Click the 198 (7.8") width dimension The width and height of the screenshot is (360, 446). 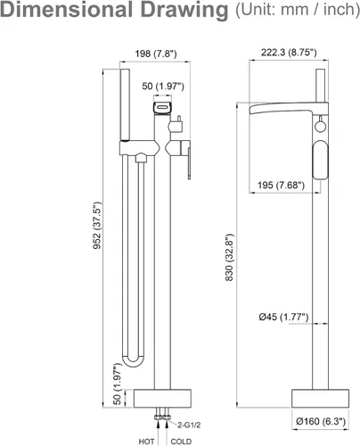(156, 54)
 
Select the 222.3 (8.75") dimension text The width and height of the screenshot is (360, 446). (289, 53)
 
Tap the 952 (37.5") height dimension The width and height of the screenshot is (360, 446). (97, 226)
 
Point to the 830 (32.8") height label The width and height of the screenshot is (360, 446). (229, 258)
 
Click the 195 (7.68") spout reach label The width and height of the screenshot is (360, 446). (281, 185)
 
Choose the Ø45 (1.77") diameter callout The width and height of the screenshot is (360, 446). (283, 317)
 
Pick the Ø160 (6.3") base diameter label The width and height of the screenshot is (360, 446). (321, 421)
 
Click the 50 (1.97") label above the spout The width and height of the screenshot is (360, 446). (163, 87)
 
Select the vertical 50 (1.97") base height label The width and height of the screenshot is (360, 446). (118, 384)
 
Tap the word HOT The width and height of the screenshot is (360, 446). (146, 442)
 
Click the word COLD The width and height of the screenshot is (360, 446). (181, 442)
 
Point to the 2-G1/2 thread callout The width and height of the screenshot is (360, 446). (189, 425)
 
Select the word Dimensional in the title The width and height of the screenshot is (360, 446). (67, 9)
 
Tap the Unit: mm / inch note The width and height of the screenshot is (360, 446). (298, 10)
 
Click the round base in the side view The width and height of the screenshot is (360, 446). (320, 399)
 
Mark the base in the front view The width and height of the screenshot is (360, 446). (162, 399)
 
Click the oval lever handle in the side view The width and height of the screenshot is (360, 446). (320, 160)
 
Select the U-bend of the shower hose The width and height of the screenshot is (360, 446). (134, 361)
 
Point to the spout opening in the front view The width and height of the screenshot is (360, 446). (162, 107)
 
